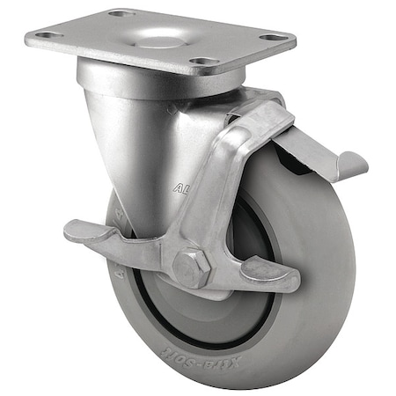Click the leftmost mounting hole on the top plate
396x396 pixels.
pos(45,35)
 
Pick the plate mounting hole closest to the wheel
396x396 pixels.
pos(203,62)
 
